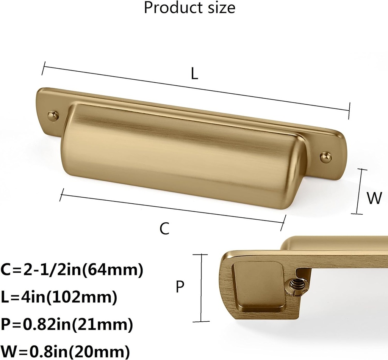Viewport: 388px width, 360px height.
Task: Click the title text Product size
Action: coord(189,8)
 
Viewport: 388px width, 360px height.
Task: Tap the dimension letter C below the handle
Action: coord(164,229)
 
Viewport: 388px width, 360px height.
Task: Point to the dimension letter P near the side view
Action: coord(180,288)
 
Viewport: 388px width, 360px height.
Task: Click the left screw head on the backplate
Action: coord(52,115)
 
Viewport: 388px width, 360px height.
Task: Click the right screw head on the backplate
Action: coord(325,156)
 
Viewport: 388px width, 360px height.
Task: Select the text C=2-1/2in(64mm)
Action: coord(72,270)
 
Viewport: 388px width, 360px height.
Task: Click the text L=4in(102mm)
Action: coord(59,297)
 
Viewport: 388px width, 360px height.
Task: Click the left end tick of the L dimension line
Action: coord(44,68)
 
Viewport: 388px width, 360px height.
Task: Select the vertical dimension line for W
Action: coord(360,192)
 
